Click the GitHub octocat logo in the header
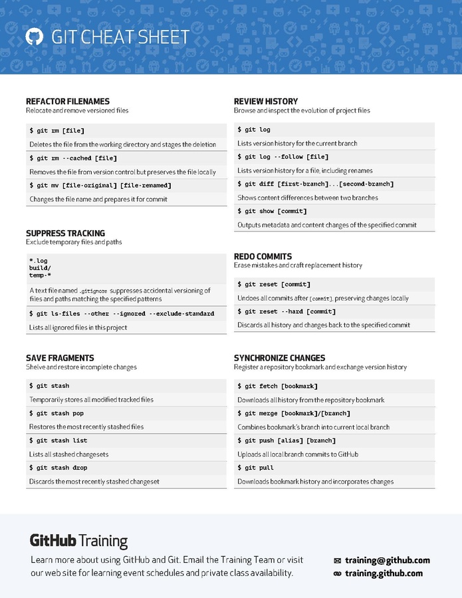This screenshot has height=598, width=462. pos(34,37)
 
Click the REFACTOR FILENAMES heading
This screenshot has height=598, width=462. pos(68,101)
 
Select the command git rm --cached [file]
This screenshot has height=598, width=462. pos(73,158)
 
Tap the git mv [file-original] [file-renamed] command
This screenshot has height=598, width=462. pos(100,186)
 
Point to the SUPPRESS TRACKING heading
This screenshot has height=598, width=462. pos(65,233)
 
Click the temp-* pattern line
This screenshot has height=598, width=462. pos(40,275)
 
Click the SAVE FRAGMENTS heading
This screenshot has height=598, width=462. pos(60,357)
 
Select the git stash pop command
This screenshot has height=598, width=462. pos(57,413)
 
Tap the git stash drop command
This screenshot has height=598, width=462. pos(58,468)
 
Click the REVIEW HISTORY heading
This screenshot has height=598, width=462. pos(266,101)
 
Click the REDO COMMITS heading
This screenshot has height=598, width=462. pos(263,256)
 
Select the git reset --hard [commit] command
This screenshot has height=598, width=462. pos(287,311)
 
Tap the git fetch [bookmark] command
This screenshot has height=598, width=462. pos(278,386)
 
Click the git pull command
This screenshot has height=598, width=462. pos(256,468)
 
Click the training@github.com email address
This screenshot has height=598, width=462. pos(388,560)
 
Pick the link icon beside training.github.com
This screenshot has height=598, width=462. pos(337,573)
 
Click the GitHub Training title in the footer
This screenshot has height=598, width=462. pos(78,541)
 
